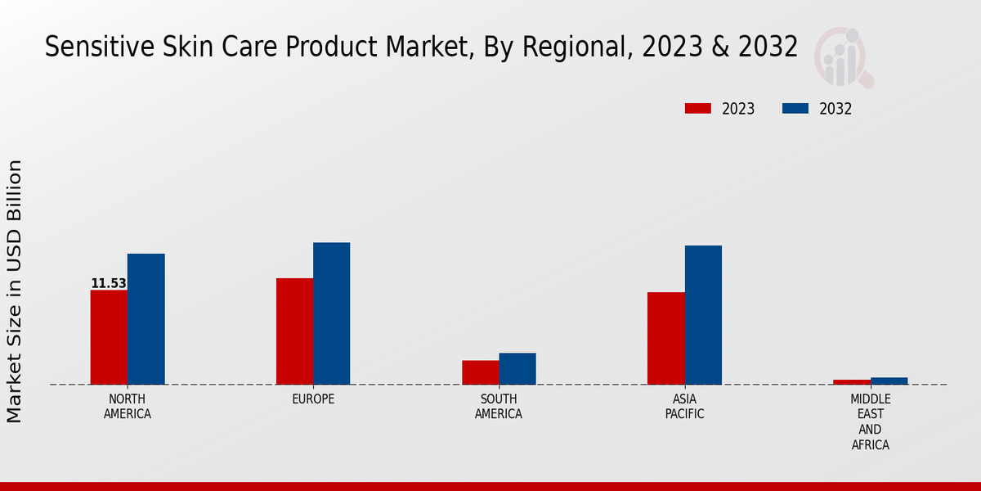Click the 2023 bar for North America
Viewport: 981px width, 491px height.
pyautogui.click(x=109, y=337)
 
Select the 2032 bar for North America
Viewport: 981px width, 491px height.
pyautogui.click(x=146, y=319)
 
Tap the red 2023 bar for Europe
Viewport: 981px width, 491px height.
pyautogui.click(x=294, y=331)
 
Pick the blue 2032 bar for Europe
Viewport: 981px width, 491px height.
pyautogui.click(x=331, y=313)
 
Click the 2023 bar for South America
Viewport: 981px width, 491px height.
pyautogui.click(x=480, y=372)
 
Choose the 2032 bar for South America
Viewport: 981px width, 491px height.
pyautogui.click(x=517, y=368)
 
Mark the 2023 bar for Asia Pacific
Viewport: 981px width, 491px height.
pyautogui.click(x=665, y=338)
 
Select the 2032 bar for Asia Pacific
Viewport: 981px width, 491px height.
pyautogui.click(x=703, y=315)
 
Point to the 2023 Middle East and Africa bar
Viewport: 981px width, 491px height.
pyautogui.click(x=852, y=382)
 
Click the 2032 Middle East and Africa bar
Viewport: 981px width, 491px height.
pyautogui.click(x=889, y=381)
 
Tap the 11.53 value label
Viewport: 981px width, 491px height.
pyautogui.click(x=109, y=284)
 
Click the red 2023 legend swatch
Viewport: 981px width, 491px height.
pyautogui.click(x=698, y=109)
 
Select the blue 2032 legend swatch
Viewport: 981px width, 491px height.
pyautogui.click(x=795, y=109)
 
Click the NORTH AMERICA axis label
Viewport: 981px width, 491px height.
pyautogui.click(x=128, y=407)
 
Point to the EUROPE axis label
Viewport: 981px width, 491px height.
pyautogui.click(x=313, y=399)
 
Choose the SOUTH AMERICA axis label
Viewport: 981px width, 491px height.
pyautogui.click(x=499, y=407)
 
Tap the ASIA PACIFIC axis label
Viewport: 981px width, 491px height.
pyautogui.click(x=684, y=407)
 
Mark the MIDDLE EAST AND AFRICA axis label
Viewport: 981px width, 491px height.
pyautogui.click(x=871, y=422)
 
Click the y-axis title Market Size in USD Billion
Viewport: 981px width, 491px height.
pyautogui.click(x=15, y=291)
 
